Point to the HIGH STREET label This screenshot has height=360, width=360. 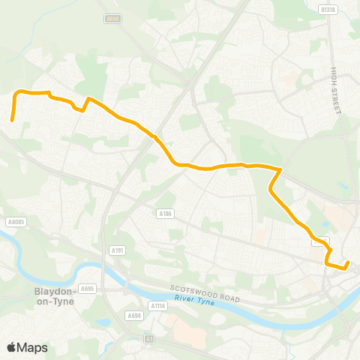click(335, 91)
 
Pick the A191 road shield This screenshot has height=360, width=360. click(117, 250)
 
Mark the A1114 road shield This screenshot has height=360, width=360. click(157, 305)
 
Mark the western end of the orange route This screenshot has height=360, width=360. click(12, 119)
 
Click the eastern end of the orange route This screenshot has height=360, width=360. click(347, 263)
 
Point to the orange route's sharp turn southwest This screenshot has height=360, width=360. click(280, 170)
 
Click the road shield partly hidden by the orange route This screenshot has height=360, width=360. click(320, 241)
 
